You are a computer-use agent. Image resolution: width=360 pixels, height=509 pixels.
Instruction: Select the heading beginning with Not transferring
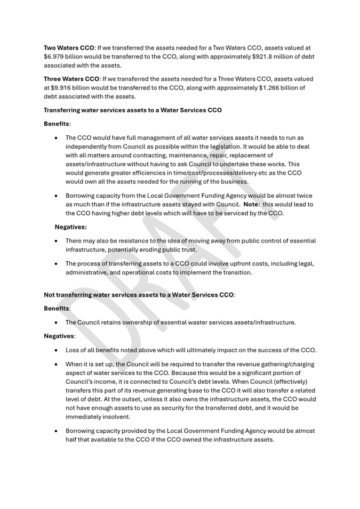[x=139, y=295]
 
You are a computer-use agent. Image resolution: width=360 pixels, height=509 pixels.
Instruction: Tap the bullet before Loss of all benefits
[x=57, y=350]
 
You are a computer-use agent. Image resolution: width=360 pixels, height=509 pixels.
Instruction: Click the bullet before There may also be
[x=57, y=241]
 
